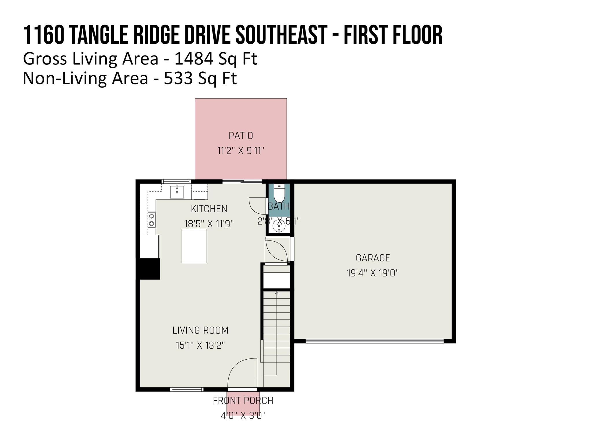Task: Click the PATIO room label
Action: coord(240,136)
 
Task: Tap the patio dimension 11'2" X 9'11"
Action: coord(240,151)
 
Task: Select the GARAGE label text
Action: coord(373,258)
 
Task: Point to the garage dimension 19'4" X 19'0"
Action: coord(373,273)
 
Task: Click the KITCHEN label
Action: coord(209,209)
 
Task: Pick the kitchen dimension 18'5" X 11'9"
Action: coord(209,224)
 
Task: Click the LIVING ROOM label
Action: coord(200,330)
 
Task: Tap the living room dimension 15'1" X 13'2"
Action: coord(200,345)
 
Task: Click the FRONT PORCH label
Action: coord(243,401)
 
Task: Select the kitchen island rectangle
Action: coord(194,246)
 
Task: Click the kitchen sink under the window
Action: coord(177,192)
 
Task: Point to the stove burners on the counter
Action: coord(151,220)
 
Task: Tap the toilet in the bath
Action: coord(279,193)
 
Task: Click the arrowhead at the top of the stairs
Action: coord(277,293)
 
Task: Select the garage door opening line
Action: coord(374,341)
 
